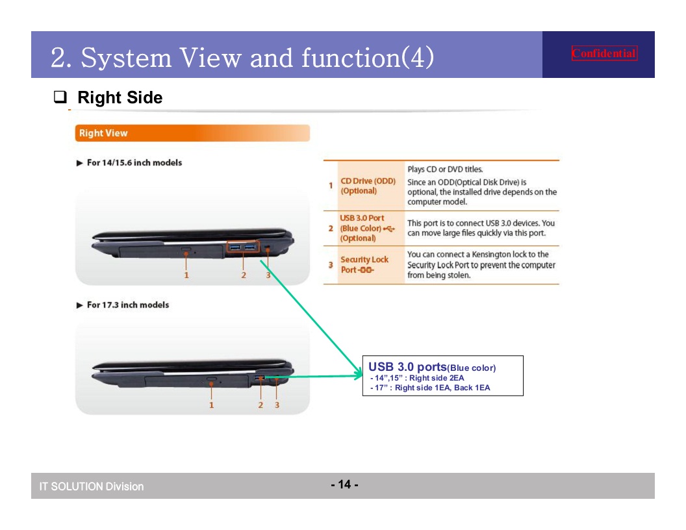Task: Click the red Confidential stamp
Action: pos(604,53)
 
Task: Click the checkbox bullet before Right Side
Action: pos(60,97)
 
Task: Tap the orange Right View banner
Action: pos(192,133)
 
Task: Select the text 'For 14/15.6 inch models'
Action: pos(134,162)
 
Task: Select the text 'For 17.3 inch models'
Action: pos(128,305)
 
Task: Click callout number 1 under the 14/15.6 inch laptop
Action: pos(186,275)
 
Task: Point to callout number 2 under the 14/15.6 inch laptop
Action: pos(244,275)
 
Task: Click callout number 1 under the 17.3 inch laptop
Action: pos(211,405)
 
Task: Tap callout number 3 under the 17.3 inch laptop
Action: pos(277,405)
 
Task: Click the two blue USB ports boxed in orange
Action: pos(243,247)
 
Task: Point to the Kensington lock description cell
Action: pos(481,265)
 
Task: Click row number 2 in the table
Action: pos(331,228)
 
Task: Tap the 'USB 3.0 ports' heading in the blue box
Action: pos(407,367)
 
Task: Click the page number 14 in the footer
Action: pos(345,484)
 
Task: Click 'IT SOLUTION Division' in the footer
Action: pos(92,486)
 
